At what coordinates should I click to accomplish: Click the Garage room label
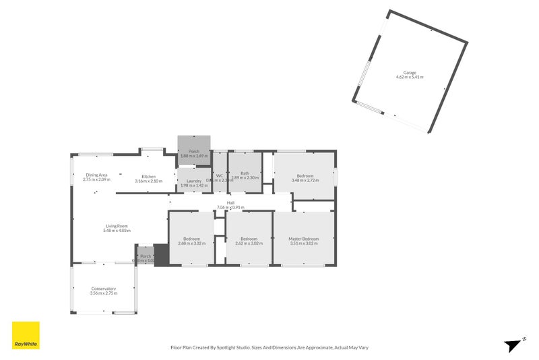coord(410,72)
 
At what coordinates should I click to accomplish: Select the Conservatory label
coord(104,289)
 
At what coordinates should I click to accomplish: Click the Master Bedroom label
coord(303,239)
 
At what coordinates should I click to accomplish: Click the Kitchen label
coord(148,177)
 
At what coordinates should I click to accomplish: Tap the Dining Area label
coord(96,175)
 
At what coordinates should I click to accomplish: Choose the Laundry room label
coord(193,181)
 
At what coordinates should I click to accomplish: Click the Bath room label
coord(244,173)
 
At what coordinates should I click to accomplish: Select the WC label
coord(220,175)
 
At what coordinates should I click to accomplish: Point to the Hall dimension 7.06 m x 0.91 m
coord(230,207)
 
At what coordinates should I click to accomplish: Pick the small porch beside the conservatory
coord(145,257)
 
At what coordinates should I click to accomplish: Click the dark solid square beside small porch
coord(162,256)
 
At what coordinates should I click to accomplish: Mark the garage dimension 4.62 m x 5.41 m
coord(410,77)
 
